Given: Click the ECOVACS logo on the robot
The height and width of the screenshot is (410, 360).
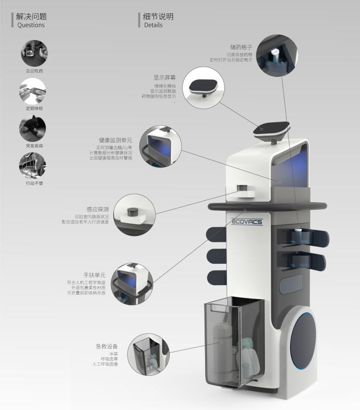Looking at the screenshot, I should [247, 222].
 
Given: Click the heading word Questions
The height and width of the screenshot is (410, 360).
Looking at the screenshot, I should [31, 25].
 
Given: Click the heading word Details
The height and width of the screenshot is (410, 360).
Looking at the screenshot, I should [153, 25].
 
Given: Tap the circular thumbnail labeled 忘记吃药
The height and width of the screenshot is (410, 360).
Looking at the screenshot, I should [33, 53].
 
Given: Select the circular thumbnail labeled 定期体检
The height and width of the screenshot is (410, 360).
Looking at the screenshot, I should [33, 91].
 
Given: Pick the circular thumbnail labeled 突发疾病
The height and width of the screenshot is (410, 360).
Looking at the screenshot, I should [33, 129].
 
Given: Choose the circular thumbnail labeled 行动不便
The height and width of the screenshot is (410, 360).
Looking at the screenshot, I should [33, 167].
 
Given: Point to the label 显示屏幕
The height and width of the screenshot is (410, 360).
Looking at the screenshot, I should [165, 78].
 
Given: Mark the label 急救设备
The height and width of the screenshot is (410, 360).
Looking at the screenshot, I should [107, 346].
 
